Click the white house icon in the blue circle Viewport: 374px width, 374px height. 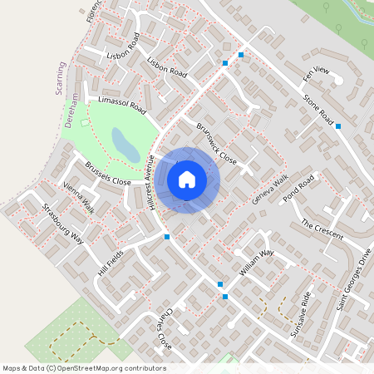tap(187, 179)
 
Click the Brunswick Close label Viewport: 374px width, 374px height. tap(217, 143)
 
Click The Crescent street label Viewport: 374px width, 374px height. tap(322, 229)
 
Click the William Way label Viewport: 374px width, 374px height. tap(256, 262)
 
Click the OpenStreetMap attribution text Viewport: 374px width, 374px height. tap(84, 368)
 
